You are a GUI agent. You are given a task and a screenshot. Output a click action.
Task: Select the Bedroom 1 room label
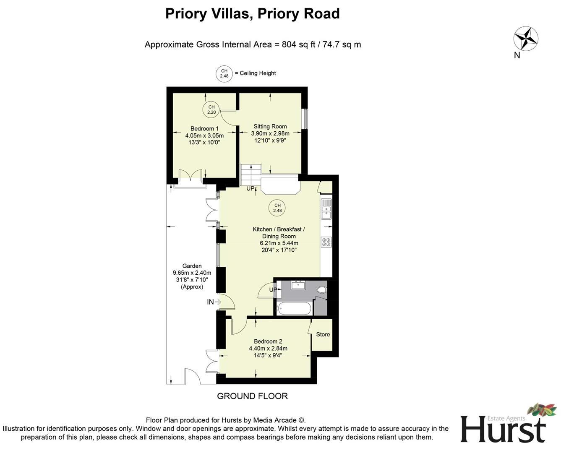pos(204,128)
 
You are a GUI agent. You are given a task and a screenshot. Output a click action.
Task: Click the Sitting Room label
pos(270,126)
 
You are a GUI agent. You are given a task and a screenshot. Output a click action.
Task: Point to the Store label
pos(323,334)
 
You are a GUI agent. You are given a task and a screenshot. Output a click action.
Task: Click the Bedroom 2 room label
pos(268,341)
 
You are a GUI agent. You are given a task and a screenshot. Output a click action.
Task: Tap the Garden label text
pos(192,266)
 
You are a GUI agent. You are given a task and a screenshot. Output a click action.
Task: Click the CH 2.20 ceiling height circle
pos(211,109)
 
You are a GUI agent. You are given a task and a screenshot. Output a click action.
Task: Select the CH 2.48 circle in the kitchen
pos(277,208)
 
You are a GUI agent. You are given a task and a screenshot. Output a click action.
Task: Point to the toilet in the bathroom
pos(322,289)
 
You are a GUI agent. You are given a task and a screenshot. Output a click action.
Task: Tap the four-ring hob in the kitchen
pos(326,242)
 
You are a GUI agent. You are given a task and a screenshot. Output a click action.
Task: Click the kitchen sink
pos(326,209)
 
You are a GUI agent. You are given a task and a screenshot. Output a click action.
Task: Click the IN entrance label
pos(210,302)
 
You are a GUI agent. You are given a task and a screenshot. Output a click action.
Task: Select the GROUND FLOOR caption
pos(252,396)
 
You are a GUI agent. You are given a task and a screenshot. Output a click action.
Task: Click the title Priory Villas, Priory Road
pos(252,14)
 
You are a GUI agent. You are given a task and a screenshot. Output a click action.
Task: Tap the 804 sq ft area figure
pos(298,44)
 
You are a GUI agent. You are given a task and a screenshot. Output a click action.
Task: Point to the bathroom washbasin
pos(298,285)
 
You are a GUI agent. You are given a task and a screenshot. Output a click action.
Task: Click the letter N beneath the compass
pos(517,55)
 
